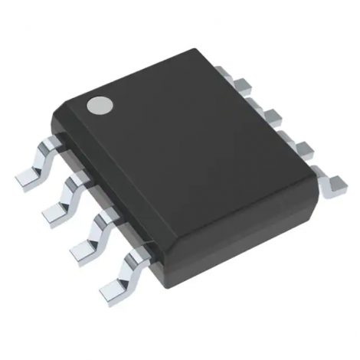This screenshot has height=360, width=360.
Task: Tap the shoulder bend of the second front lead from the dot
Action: (x=77, y=182)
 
